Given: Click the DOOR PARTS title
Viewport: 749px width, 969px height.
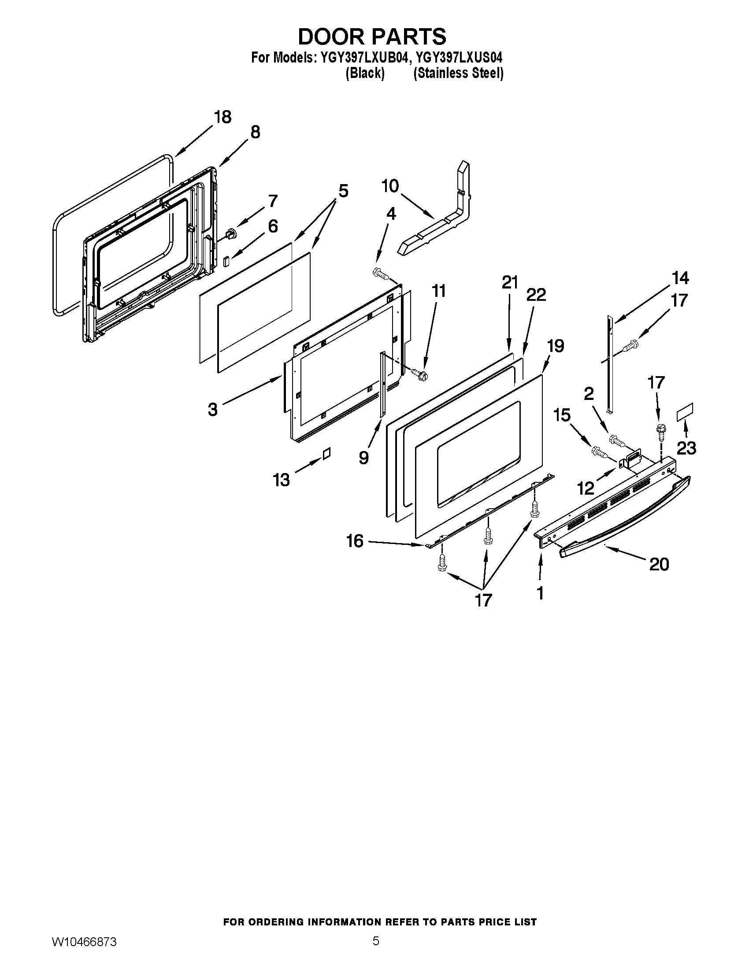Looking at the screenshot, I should coord(372,37).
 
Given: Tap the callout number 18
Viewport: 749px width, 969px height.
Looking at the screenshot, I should coord(223,117).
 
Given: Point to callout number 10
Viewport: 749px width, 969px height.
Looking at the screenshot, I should coord(390,186).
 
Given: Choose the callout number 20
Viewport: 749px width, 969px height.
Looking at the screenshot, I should coord(659,564).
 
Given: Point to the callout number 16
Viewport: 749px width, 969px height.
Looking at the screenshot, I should coord(355,541).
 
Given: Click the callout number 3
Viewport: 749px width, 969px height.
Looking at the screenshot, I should coord(213,409).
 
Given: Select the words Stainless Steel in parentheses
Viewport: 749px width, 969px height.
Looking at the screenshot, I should coord(458,73).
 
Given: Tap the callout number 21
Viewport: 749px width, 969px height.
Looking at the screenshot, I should coord(510,282).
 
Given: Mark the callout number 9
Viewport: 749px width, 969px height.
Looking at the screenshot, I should coord(364,457).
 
